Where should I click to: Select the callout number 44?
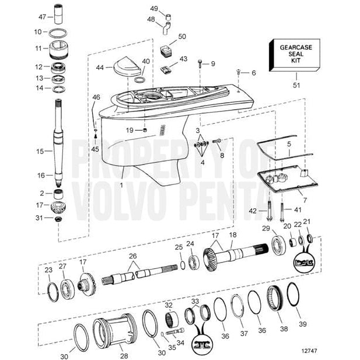click(x=100, y=68)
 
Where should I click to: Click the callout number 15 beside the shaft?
click(x=40, y=151)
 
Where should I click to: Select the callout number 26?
click(x=134, y=256)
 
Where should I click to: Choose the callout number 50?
click(x=182, y=36)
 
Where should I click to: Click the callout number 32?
click(x=168, y=305)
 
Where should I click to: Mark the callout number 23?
click(x=48, y=270)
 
